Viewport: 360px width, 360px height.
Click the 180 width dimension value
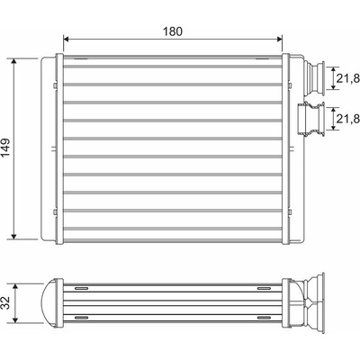173,31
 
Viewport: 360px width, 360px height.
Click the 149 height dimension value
5,148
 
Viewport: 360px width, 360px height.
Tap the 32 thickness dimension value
5,302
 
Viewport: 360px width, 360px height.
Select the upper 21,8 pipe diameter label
347,78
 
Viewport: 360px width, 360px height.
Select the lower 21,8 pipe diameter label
347,119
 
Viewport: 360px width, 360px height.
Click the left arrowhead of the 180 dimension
67,39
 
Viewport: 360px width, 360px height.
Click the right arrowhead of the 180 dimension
279,39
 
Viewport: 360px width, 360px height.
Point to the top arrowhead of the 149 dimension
13,61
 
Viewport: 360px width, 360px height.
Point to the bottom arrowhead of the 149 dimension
13,237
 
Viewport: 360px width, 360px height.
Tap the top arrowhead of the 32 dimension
16,287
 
